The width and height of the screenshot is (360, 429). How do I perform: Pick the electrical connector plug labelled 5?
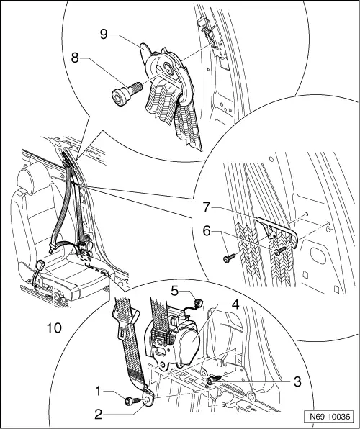pos(195,297)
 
